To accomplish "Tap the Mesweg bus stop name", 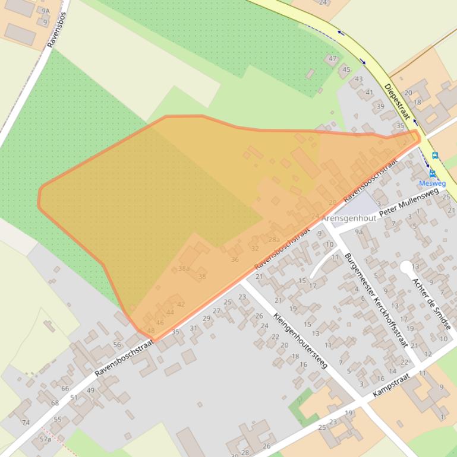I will click(x=432, y=183).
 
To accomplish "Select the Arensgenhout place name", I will click(x=349, y=218).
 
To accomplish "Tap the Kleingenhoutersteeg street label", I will click(x=300, y=341).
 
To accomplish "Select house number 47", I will click(x=333, y=59).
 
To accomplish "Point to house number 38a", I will click(x=184, y=268).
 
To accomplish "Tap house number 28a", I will click(x=273, y=239).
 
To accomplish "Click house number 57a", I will click(x=45, y=439).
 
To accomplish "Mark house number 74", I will click(x=26, y=423).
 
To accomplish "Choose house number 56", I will click(x=116, y=344).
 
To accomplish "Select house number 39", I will click(x=380, y=107).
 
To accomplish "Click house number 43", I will click(x=358, y=79).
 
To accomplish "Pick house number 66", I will click(x=65, y=389).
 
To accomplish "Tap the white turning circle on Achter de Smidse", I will click(x=406, y=267).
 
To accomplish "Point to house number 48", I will click(x=150, y=331).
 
